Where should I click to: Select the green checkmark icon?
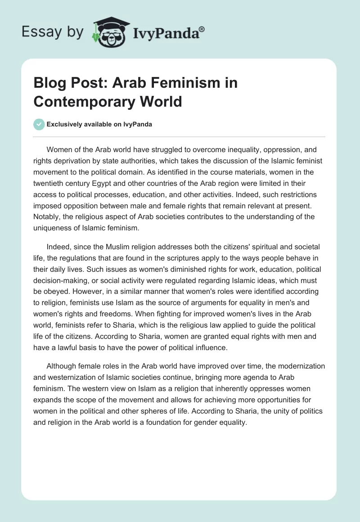39,124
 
